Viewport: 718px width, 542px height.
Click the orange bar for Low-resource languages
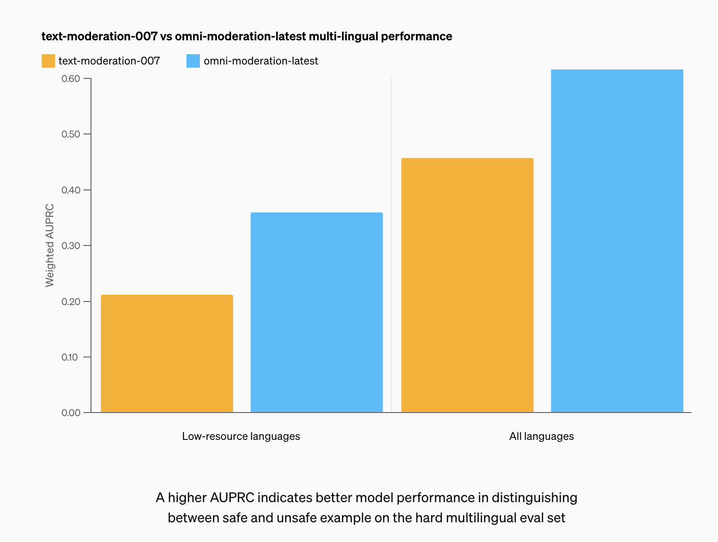click(x=167, y=353)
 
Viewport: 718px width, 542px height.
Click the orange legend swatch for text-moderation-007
click(x=48, y=61)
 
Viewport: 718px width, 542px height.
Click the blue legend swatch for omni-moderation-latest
click(x=193, y=61)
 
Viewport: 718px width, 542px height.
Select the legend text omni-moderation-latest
click(x=261, y=61)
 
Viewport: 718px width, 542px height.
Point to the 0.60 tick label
click(x=71, y=79)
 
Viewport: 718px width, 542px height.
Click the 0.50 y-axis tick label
click(x=71, y=134)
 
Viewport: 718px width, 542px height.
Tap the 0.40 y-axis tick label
click(x=71, y=190)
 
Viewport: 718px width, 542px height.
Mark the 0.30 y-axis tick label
click(x=71, y=246)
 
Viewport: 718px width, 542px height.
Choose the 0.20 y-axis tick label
click(x=71, y=301)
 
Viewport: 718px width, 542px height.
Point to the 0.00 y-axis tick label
click(x=71, y=413)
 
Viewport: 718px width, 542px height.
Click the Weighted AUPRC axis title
click(x=50, y=245)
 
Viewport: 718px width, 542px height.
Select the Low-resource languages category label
click(x=241, y=436)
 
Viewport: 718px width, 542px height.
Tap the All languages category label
click(x=541, y=436)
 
